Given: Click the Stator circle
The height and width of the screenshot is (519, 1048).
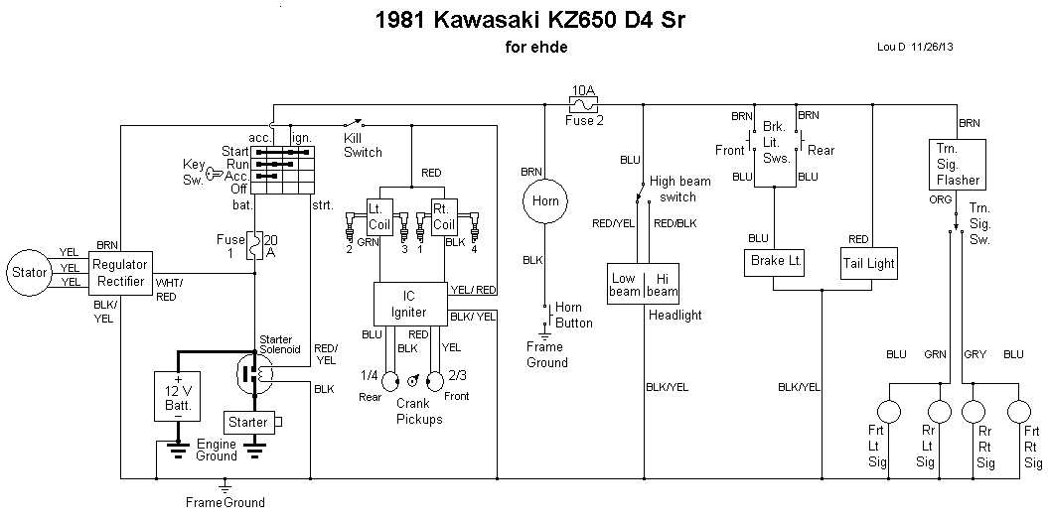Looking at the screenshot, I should [x=28, y=271].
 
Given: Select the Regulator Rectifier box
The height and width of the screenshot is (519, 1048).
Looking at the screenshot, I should [x=120, y=272].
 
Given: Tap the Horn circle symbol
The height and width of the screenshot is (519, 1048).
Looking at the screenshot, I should [x=544, y=200].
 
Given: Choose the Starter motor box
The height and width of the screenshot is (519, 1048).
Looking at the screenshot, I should [x=248, y=423].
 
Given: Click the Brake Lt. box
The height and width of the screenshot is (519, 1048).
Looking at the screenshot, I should [x=775, y=263].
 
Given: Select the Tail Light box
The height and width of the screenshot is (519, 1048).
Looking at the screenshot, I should [x=869, y=263].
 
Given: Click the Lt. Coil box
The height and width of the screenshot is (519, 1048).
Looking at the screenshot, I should [x=381, y=215].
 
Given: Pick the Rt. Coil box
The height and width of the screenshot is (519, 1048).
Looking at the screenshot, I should [x=443, y=215].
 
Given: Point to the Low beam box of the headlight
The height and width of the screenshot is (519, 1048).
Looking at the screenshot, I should [x=625, y=285].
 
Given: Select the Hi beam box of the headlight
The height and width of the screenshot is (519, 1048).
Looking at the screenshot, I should [x=661, y=285].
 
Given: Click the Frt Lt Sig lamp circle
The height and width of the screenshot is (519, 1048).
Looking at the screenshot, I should [x=888, y=411].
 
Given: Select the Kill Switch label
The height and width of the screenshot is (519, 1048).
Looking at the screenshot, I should [x=363, y=145].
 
